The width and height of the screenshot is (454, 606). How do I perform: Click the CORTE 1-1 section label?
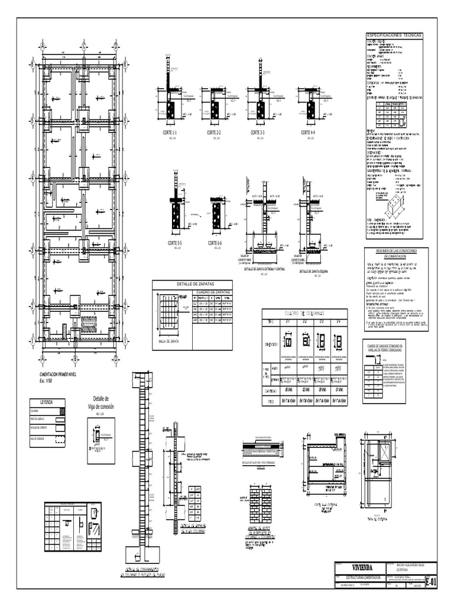[x=170, y=133]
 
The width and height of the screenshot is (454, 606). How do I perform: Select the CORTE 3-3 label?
[x=258, y=133]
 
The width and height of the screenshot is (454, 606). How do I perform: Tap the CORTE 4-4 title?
[x=308, y=133]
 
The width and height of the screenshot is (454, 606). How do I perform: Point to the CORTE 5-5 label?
[x=174, y=243]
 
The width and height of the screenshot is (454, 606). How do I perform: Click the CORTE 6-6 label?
[x=215, y=243]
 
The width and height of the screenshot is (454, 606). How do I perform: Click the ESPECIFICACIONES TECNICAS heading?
[x=395, y=36]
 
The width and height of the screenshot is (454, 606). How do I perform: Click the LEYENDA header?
[x=46, y=402]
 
